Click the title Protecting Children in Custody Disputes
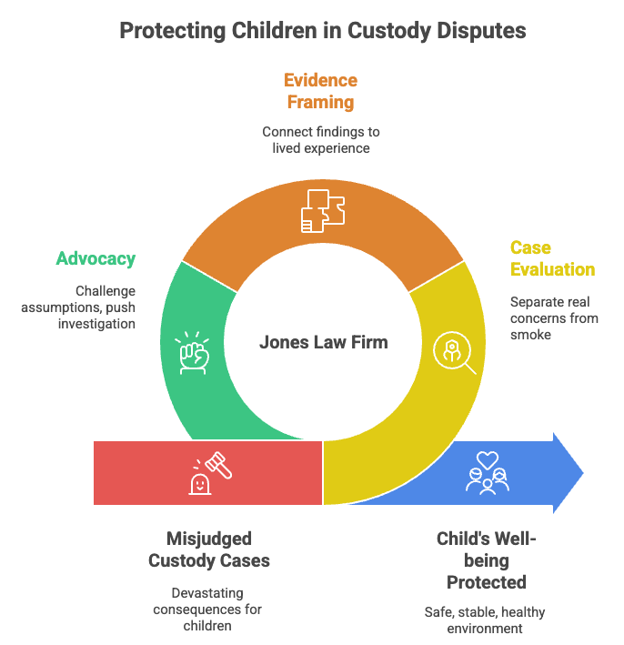pyautogui.click(x=322, y=31)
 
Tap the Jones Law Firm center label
pyautogui.click(x=323, y=343)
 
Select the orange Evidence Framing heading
pyautogui.click(x=319, y=91)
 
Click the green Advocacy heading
pyautogui.click(x=96, y=258)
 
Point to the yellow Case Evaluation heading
pyautogui.click(x=551, y=258)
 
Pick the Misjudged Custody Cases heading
pyautogui.click(x=208, y=549)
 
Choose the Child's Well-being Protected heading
pyautogui.click(x=486, y=560)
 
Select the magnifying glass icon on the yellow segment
pyautogui.click(x=455, y=352)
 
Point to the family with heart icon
pyautogui.click(x=487, y=472)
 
